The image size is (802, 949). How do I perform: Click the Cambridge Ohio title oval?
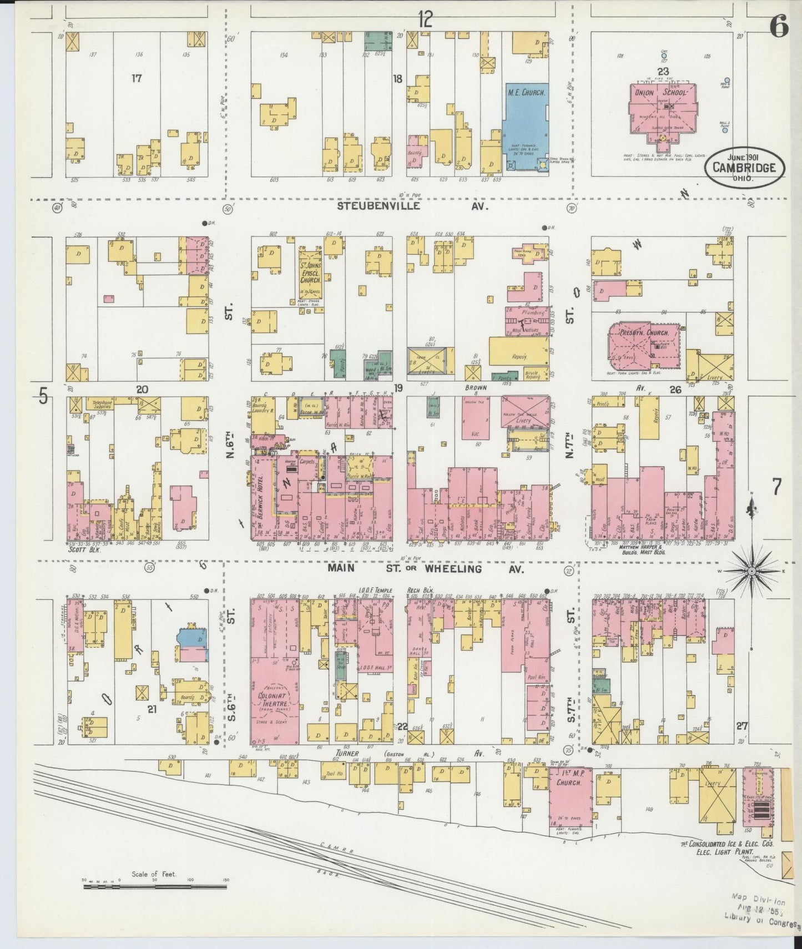pos(744,167)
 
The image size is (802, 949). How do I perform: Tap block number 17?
pos(137,78)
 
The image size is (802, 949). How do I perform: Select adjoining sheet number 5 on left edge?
pos(42,396)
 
